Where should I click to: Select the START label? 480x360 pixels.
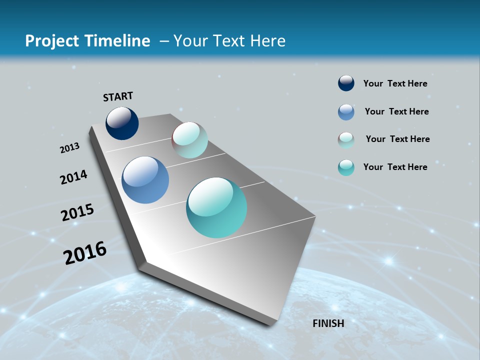pos(118,96)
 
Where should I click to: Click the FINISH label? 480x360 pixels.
pos(328,323)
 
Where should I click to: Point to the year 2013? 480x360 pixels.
pos(69,148)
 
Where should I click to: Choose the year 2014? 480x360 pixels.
pos(73,177)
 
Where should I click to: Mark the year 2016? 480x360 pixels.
pos(85,253)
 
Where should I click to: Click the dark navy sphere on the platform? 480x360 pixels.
pos(122,123)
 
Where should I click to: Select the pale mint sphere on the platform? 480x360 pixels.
pos(189,140)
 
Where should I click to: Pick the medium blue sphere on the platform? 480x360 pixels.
pos(145,180)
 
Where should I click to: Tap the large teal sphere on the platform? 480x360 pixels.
pos(216,207)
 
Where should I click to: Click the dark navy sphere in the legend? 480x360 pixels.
pos(346,83)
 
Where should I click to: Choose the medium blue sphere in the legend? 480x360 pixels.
pos(346,112)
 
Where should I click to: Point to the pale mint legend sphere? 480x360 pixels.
pos(346,140)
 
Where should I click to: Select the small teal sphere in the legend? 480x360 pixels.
pos(346,167)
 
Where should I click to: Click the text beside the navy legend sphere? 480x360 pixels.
pos(395,83)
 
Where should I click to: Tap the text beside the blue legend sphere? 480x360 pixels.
pos(396,111)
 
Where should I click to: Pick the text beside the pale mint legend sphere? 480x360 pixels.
pos(397,139)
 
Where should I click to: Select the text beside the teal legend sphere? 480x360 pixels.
pos(395,167)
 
